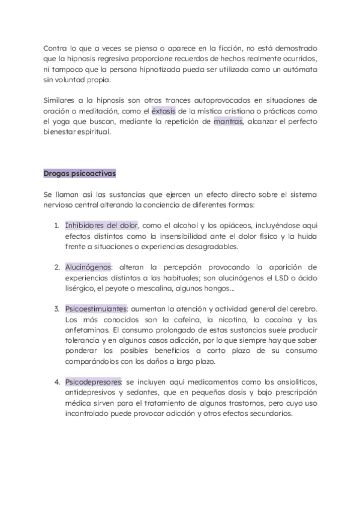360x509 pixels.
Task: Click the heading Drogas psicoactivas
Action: [x=80, y=173]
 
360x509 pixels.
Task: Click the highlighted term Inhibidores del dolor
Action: [x=101, y=225]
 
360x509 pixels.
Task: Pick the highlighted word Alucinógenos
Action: [x=88, y=267]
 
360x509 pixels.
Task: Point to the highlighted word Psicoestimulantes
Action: [x=96, y=308]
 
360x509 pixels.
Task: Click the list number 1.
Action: [x=56, y=226]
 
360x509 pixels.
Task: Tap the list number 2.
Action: [x=56, y=267]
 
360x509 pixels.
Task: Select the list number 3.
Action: [x=56, y=309]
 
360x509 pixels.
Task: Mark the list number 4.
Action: [x=56, y=382]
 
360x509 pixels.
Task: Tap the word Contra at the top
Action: [x=56, y=47]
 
